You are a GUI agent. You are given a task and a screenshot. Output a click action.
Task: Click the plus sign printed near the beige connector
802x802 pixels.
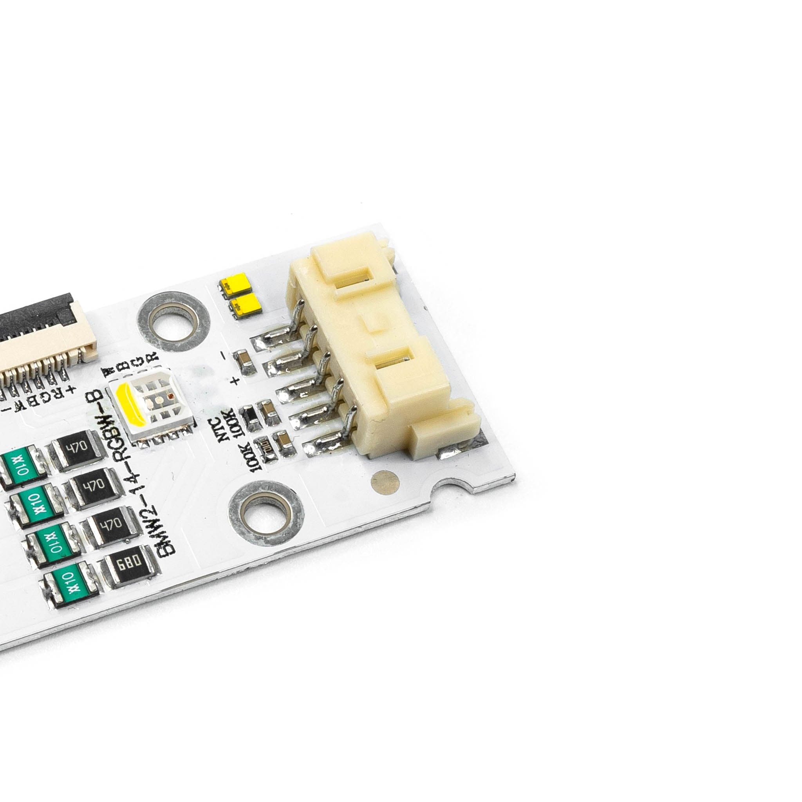[x=236, y=380]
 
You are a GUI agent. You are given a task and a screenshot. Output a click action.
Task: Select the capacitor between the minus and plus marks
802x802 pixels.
[x=244, y=362]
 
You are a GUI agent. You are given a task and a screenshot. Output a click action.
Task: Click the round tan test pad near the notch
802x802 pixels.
[x=385, y=482]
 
